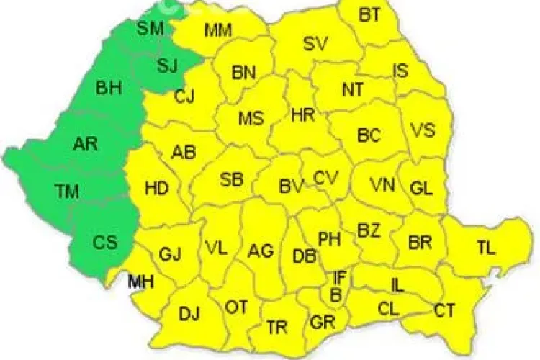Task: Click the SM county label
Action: (x=151, y=28)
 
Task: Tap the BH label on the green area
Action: (x=109, y=89)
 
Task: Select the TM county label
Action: (x=68, y=191)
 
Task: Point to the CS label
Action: (x=104, y=243)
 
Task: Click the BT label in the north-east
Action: (x=370, y=14)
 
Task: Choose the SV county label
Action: (x=315, y=43)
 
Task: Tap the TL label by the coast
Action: (x=486, y=249)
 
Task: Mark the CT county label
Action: (x=444, y=310)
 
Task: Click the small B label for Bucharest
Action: (x=336, y=294)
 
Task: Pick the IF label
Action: (x=339, y=277)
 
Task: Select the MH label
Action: (x=141, y=282)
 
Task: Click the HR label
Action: (x=302, y=114)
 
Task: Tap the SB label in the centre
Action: (x=231, y=179)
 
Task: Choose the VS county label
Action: (x=423, y=130)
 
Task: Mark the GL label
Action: (x=421, y=188)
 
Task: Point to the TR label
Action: (x=277, y=326)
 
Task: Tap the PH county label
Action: (x=329, y=238)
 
